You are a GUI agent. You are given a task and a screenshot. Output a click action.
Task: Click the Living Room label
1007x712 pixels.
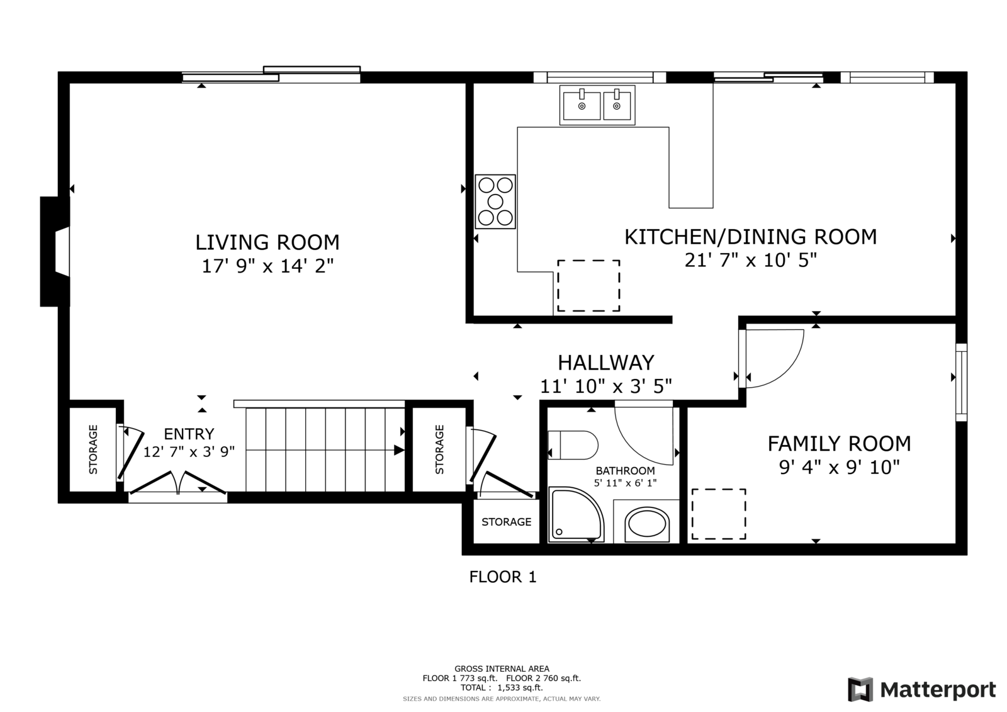tap(267, 242)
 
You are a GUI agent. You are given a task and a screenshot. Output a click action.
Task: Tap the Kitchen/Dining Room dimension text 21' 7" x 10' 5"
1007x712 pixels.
tap(750, 260)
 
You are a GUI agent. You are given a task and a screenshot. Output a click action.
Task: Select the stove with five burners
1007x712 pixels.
tap(495, 201)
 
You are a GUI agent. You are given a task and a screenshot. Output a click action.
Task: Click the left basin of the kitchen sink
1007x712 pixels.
tap(582, 105)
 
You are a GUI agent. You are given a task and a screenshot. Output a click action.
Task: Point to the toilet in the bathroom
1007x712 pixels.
tap(573, 445)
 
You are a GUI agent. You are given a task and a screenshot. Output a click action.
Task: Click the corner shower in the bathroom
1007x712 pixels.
tap(575, 514)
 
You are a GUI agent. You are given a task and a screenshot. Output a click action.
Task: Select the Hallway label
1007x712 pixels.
tap(606, 363)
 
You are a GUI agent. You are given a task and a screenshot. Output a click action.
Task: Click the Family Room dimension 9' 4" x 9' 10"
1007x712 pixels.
tap(840, 468)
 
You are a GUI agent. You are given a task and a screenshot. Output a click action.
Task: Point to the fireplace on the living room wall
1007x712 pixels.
tap(55, 251)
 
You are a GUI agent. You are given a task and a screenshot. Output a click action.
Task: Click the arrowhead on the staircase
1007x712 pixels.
tap(399, 450)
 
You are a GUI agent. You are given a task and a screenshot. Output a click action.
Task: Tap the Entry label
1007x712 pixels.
tap(189, 434)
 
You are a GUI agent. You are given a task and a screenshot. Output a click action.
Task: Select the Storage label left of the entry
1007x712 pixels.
tap(93, 449)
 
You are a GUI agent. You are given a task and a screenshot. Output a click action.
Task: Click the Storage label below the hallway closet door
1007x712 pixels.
tap(506, 522)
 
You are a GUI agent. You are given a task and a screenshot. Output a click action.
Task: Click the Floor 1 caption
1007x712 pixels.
tap(503, 577)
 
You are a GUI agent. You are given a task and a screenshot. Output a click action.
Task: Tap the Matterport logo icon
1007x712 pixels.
tap(860, 689)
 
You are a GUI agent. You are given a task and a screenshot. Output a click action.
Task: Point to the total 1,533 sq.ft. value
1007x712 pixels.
tap(520, 687)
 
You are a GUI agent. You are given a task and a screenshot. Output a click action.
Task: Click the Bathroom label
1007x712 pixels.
tap(625, 471)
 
